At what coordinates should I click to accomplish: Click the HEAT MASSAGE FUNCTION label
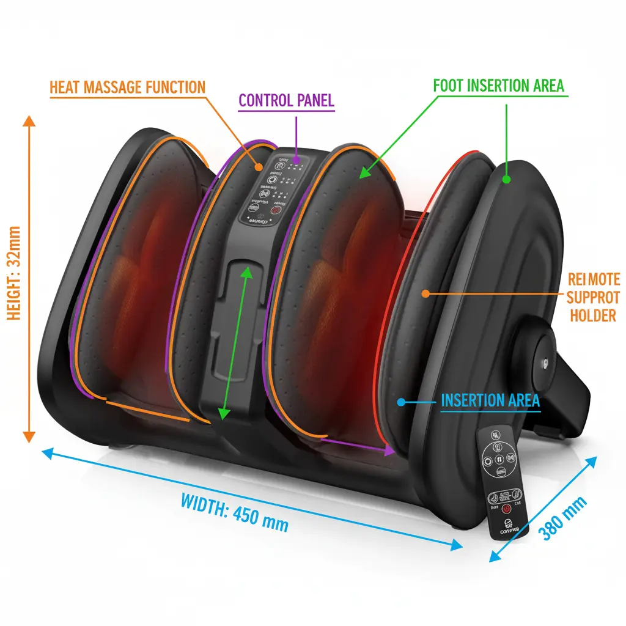click(x=127, y=87)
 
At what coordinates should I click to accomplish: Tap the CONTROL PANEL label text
click(x=286, y=100)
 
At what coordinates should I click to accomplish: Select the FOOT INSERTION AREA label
click(x=498, y=86)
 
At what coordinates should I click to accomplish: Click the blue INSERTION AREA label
click(x=490, y=400)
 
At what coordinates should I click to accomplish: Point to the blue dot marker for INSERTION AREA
click(x=400, y=402)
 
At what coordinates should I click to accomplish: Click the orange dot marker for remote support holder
click(x=424, y=293)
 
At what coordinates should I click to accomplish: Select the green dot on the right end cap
click(x=506, y=180)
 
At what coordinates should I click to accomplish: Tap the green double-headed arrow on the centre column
click(x=234, y=342)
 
